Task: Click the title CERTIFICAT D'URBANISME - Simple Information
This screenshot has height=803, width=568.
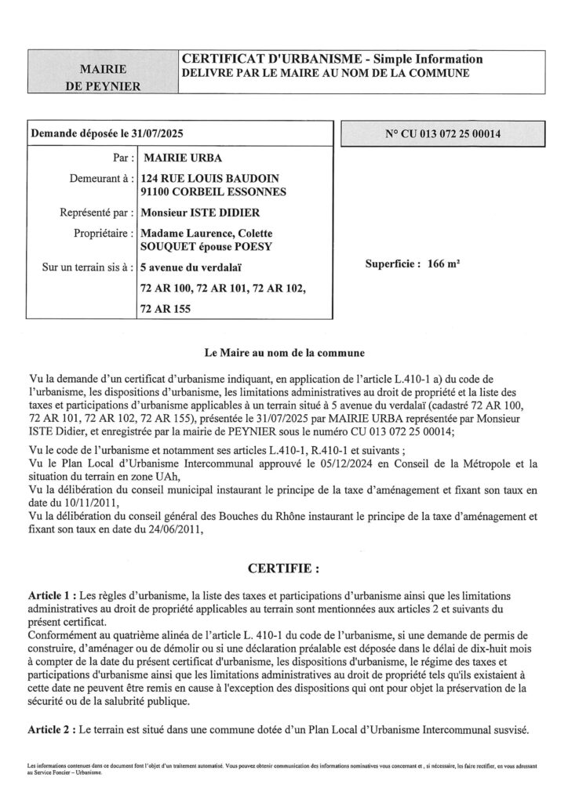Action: (332, 60)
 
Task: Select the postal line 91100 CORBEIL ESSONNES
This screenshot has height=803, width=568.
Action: (213, 192)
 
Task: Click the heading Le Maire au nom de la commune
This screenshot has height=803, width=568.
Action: (284, 352)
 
